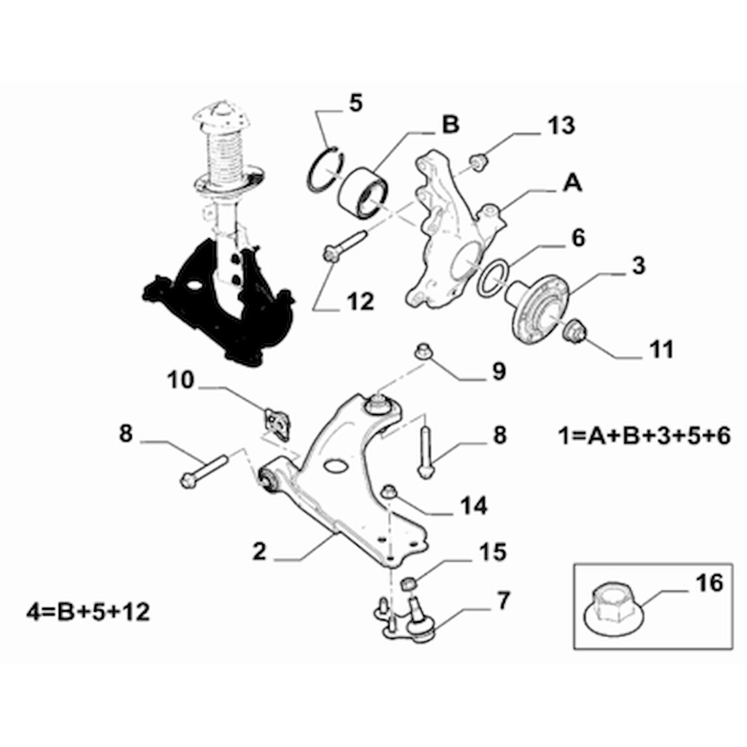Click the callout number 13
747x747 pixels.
[x=558, y=125]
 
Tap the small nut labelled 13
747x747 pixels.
[x=480, y=161]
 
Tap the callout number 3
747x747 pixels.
[x=638, y=266]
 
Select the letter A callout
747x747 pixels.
[x=572, y=184]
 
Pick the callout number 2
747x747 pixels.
[x=260, y=551]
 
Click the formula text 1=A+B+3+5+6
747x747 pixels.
[x=644, y=436]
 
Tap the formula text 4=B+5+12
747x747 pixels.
[x=88, y=612]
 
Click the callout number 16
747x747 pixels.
[x=709, y=582]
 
